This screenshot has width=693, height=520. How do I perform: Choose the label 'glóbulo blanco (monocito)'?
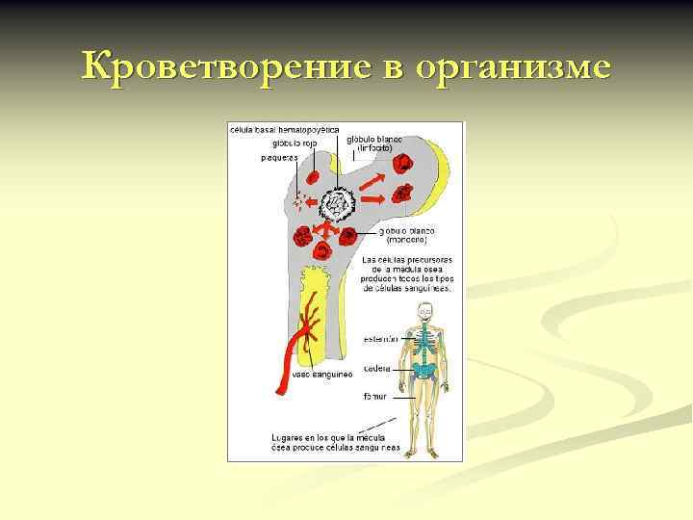pos(406,237)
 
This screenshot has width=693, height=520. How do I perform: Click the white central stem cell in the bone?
pos(339,204)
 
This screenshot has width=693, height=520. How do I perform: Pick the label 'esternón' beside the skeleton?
pos(381,338)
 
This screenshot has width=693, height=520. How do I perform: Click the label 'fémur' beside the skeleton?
pos(374,396)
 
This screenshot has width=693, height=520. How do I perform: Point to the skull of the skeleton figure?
pos(423,310)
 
